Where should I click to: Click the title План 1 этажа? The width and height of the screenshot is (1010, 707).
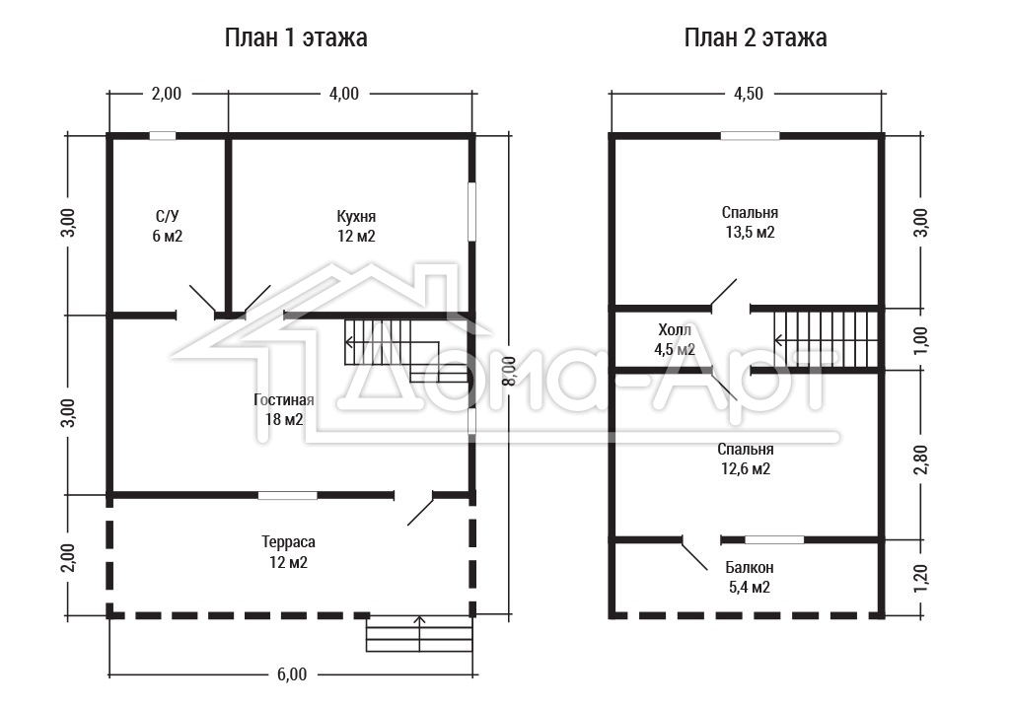click(x=296, y=38)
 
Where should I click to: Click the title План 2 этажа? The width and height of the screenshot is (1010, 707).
click(x=756, y=38)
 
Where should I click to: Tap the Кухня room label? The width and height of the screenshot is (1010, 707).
click(x=356, y=216)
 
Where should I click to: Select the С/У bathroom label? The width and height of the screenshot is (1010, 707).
click(x=168, y=216)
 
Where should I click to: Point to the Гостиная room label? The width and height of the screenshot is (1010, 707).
click(x=284, y=400)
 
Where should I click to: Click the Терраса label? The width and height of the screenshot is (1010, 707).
click(x=289, y=542)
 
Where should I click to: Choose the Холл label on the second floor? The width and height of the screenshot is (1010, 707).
click(x=675, y=330)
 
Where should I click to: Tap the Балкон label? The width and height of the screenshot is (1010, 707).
click(x=750, y=567)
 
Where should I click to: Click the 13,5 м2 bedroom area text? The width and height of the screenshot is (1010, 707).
click(x=751, y=232)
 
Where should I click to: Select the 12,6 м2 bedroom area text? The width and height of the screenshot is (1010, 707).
click(x=746, y=468)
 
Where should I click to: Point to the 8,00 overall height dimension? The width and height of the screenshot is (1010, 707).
click(x=510, y=372)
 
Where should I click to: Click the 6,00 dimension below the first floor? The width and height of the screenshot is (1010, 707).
click(x=292, y=674)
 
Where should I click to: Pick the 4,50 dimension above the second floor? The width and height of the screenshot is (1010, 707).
click(x=749, y=94)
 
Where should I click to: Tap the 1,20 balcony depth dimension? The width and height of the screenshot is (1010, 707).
click(x=921, y=577)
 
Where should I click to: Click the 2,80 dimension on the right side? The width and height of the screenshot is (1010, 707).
click(x=921, y=459)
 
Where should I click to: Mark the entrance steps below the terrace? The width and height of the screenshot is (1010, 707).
click(x=419, y=634)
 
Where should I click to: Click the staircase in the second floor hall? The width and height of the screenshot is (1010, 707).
click(x=827, y=339)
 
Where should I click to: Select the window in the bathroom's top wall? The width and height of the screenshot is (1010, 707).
click(x=163, y=136)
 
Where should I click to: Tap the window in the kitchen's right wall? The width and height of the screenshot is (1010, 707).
click(x=471, y=212)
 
